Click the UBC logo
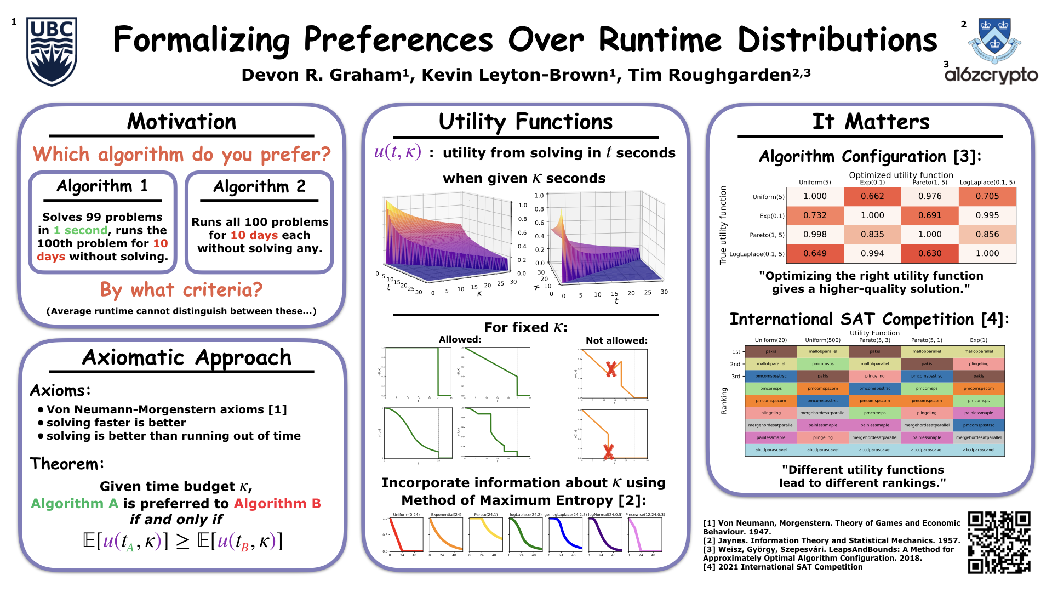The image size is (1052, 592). pyautogui.click(x=52, y=51)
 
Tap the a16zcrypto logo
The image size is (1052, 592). pyautogui.click(x=991, y=75)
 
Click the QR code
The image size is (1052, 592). pyautogui.click(x=999, y=542)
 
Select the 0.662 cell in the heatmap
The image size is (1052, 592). pyautogui.click(x=872, y=196)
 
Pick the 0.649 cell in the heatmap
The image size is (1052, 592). pyautogui.click(x=815, y=253)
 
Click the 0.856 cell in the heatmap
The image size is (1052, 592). pyautogui.click(x=987, y=234)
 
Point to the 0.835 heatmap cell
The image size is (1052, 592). pyautogui.click(x=872, y=234)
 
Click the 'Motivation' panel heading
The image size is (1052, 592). pyautogui.click(x=181, y=122)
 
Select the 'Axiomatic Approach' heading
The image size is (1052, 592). pyautogui.click(x=187, y=357)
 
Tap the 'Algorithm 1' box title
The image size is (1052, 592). pyautogui.click(x=102, y=186)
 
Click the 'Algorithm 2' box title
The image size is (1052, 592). pyautogui.click(x=259, y=187)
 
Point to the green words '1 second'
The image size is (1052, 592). pyautogui.click(x=80, y=230)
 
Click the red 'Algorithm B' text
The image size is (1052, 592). pyautogui.click(x=277, y=503)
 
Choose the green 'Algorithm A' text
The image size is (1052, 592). pyautogui.click(x=75, y=503)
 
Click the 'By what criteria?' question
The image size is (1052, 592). pyautogui.click(x=181, y=289)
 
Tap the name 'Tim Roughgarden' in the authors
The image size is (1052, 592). pyautogui.click(x=710, y=75)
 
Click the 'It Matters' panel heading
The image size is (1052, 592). pyautogui.click(x=871, y=122)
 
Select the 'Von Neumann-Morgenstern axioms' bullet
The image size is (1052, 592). pyautogui.click(x=167, y=409)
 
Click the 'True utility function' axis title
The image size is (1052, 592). pyautogui.click(x=723, y=225)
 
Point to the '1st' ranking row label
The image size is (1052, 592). pyautogui.click(x=736, y=352)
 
